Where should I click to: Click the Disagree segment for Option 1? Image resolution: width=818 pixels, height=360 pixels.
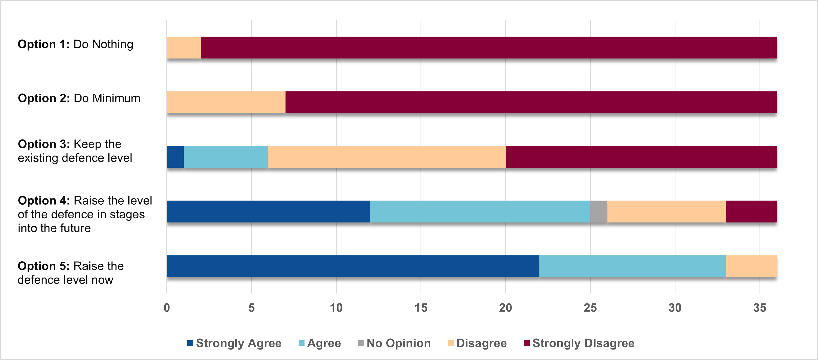[184, 48]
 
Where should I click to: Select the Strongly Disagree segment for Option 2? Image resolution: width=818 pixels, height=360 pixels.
[531, 102]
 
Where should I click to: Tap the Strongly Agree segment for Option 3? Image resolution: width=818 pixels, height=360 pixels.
[175, 157]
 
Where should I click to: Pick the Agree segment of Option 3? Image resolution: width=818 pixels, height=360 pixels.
[226, 157]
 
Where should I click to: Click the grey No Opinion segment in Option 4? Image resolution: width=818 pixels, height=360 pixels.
[599, 211]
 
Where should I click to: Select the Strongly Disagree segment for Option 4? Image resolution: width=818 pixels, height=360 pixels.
[751, 211]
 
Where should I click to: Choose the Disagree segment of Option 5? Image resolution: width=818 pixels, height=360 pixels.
[751, 266]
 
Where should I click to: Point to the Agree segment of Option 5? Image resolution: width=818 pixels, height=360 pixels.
[632, 266]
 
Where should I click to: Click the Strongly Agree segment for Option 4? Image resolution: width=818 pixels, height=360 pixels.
[268, 211]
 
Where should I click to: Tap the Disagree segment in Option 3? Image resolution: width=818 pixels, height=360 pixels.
[387, 157]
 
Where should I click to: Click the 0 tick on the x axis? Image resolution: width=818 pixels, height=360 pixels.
[167, 308]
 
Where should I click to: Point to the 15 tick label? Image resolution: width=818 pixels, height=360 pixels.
[421, 308]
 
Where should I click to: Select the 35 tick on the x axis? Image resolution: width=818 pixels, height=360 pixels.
[760, 308]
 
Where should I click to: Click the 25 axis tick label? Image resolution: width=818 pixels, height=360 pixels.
[590, 308]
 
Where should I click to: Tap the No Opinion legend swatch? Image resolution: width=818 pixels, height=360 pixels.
[360, 343]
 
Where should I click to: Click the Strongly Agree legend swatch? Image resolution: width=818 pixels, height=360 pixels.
[190, 343]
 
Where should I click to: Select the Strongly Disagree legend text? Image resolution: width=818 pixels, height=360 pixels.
[583, 343]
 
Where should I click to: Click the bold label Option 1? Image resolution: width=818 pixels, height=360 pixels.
[44, 44]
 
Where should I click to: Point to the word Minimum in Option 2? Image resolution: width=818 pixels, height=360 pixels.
[116, 98]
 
